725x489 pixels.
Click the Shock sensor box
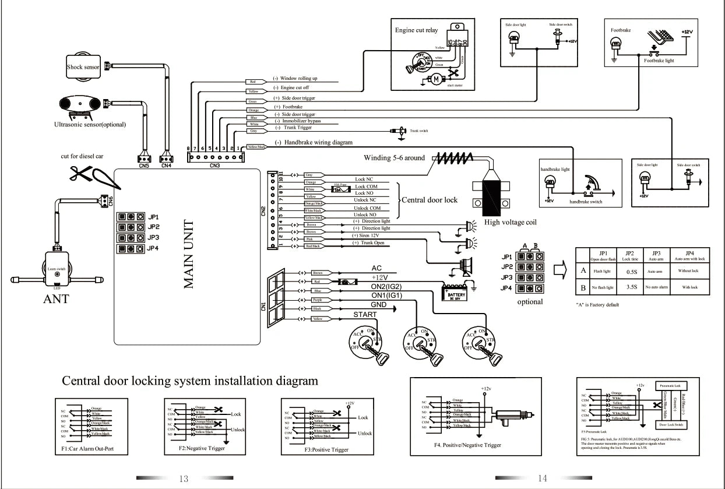[x=83, y=67]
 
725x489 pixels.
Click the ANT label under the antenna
[x=56, y=300]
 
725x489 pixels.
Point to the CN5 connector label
[x=144, y=166]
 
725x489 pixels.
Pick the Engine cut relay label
[x=416, y=30]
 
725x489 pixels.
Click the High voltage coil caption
[x=511, y=222]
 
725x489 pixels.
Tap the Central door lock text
[x=430, y=200]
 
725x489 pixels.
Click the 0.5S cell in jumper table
[x=631, y=272]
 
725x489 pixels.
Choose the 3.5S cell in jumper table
[x=631, y=287]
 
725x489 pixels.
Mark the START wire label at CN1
[x=365, y=315]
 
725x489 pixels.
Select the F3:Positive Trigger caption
[x=326, y=450]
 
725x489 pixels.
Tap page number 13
[x=184, y=479]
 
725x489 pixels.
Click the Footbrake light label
[x=659, y=61]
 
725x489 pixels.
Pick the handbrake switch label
[x=586, y=202]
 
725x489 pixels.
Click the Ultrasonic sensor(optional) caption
[x=90, y=125]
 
